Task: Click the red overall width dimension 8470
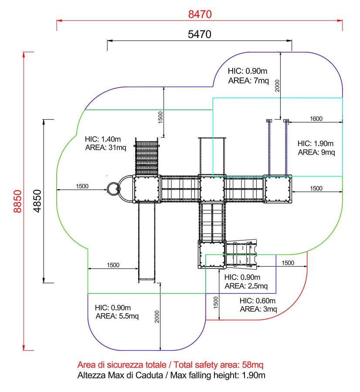[200, 14]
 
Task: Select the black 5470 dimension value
[200, 34]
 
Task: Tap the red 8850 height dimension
[17, 201]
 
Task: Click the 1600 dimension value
[316, 118]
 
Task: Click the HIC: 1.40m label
[103, 139]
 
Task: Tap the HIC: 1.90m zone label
[316, 144]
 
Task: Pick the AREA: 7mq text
[244, 81]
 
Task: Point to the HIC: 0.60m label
[258, 301]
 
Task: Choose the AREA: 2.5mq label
[243, 286]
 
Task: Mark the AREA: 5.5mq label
[117, 316]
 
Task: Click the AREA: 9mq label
[316, 152]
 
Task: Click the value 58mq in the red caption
[253, 365]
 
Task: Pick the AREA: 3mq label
[258, 309]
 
